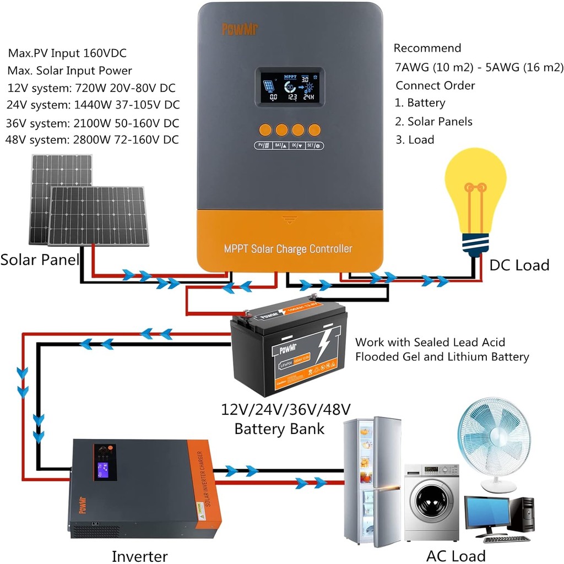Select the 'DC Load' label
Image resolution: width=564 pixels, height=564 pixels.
click(519, 265)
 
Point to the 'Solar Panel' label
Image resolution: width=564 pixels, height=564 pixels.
click(40, 259)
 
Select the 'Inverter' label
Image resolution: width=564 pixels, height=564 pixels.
click(139, 556)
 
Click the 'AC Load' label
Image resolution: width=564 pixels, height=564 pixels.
click(455, 555)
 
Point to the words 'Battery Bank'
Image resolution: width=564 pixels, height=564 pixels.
click(279, 429)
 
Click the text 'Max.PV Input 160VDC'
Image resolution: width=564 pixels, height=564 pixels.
click(67, 53)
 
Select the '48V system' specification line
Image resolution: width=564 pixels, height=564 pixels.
click(92, 140)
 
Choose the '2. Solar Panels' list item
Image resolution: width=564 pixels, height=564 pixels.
click(434, 121)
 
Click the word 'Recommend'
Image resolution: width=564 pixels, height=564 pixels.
click(427, 48)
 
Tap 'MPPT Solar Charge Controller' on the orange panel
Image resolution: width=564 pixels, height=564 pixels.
click(288, 248)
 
